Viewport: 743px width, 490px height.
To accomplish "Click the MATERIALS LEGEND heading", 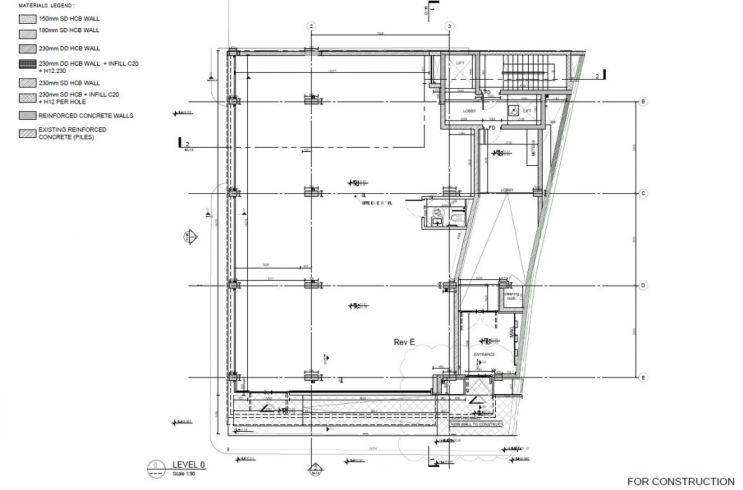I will [51, 5].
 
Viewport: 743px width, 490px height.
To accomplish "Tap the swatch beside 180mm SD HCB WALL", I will [27, 31].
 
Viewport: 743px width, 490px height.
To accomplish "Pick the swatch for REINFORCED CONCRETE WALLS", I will [27, 115].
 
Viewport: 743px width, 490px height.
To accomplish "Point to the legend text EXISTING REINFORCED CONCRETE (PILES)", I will [73, 133].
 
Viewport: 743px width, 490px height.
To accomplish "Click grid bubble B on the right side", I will [643, 103].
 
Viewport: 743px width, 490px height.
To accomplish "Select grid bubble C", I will [643, 193].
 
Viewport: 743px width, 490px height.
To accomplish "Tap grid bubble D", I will [643, 286].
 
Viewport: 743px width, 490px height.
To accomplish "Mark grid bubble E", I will [643, 378].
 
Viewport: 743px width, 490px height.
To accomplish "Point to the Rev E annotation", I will [405, 342].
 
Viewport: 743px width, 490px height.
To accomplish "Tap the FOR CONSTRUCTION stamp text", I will [681, 482].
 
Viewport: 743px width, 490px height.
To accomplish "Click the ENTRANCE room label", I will [484, 354].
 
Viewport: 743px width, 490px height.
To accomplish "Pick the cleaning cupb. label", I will [511, 296].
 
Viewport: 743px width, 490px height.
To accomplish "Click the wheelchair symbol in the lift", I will [513, 109].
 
